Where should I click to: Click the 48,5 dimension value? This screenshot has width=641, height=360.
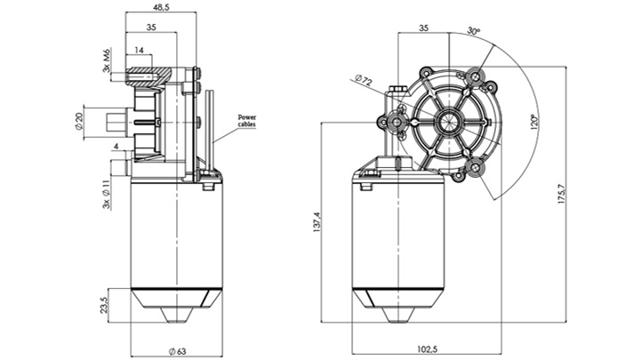(161, 7)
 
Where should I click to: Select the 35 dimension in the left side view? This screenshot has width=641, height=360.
(151, 28)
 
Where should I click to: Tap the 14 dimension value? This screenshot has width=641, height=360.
(140, 51)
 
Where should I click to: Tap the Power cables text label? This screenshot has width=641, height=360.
(250, 122)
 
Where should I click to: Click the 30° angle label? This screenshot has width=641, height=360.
(474, 31)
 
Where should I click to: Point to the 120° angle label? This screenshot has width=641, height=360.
(533, 119)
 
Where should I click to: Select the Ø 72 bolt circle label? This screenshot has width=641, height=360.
(363, 81)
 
